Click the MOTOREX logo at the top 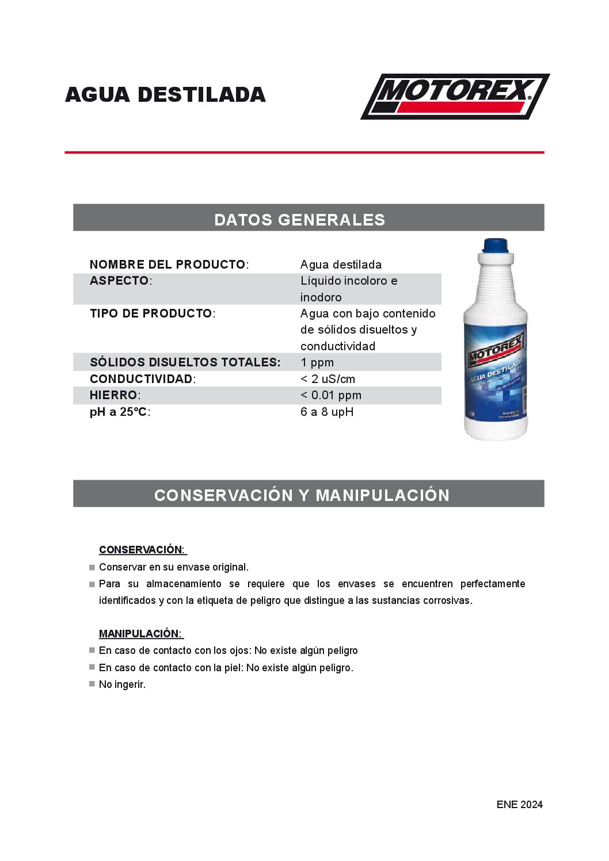click(x=455, y=96)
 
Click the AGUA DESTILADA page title click(x=165, y=95)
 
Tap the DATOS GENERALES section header click(x=299, y=219)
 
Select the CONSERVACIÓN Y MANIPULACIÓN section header click(x=302, y=495)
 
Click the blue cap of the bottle click(x=496, y=246)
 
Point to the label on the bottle click(x=496, y=374)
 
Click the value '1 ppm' click(x=317, y=362)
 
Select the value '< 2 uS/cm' click(x=328, y=379)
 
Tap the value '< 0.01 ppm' click(x=331, y=395)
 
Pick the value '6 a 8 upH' click(x=327, y=412)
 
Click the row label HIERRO click(x=114, y=395)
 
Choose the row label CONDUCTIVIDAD click(x=142, y=379)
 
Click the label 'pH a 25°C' click(x=119, y=412)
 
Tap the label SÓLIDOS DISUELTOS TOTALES click(x=185, y=362)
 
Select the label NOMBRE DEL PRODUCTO click(x=168, y=265)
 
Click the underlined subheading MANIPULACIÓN click(x=140, y=633)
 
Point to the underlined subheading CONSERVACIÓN click(x=142, y=549)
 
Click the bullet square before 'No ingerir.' click(x=92, y=684)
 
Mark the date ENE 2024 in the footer click(x=519, y=804)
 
